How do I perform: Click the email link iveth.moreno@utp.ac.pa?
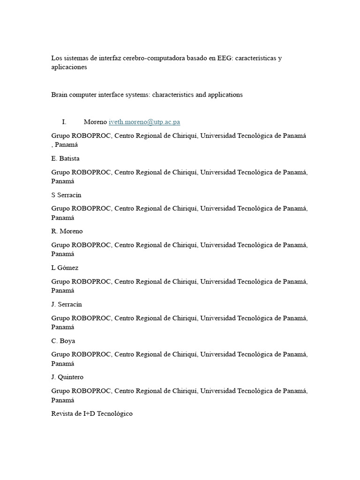[144, 122]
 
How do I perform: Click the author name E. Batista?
[65, 158]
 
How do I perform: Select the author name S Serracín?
[66, 195]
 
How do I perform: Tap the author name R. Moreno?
[67, 231]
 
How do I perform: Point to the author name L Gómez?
[65, 268]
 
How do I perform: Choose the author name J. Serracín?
[67, 304]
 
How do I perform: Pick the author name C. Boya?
[63, 341]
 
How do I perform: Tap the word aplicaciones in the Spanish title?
[69, 67]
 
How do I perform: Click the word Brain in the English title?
[60, 95]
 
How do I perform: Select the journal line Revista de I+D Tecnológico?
[92, 413]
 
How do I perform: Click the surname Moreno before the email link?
[95, 122]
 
